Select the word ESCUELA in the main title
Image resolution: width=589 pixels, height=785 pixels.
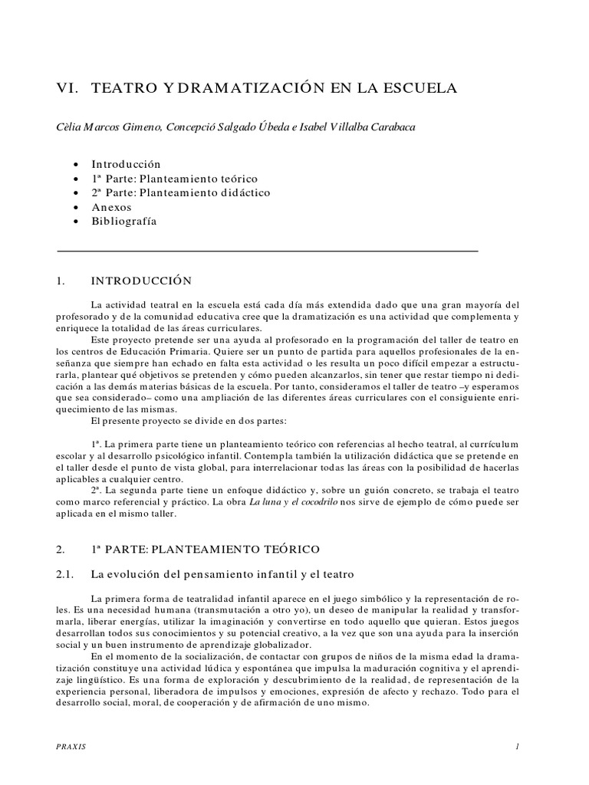tap(420, 89)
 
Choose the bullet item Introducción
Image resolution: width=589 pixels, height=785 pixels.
tap(126, 164)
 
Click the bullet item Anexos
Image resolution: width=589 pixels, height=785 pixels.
tap(112, 207)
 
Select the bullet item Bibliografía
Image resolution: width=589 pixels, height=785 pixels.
tap(123, 222)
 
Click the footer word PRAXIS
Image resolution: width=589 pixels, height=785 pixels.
tap(71, 746)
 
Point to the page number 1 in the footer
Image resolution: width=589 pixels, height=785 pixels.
tap(518, 746)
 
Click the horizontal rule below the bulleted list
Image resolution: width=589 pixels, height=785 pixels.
tap(268, 251)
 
